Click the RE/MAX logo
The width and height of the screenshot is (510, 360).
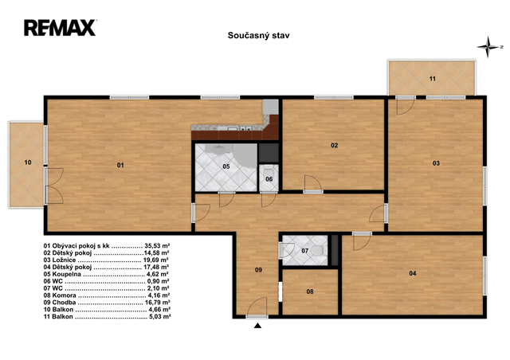(60, 28)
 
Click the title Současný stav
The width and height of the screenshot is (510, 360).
(258, 36)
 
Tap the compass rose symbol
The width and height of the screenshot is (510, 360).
(488, 47)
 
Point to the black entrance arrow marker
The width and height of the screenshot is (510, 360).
(257, 325)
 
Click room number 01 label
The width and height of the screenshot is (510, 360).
(120, 165)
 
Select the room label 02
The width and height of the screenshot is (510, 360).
(335, 146)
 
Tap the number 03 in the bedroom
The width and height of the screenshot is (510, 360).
(436, 163)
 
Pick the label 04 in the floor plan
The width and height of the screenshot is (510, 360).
(413, 273)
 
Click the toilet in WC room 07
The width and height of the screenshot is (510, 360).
(319, 251)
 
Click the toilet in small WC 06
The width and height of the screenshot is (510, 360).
(269, 170)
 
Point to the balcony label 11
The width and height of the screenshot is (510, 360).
(432, 79)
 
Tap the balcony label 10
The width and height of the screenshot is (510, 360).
(28, 162)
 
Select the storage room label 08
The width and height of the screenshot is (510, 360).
(310, 292)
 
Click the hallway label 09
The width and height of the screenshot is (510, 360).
(258, 270)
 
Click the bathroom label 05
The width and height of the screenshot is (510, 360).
(226, 166)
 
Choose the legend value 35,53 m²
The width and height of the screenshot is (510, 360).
(158, 246)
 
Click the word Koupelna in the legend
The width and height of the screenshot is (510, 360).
(67, 274)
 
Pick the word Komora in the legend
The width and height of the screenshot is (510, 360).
(64, 295)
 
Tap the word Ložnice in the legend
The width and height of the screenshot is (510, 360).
(64, 260)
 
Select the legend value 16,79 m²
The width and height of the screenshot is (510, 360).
(158, 303)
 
